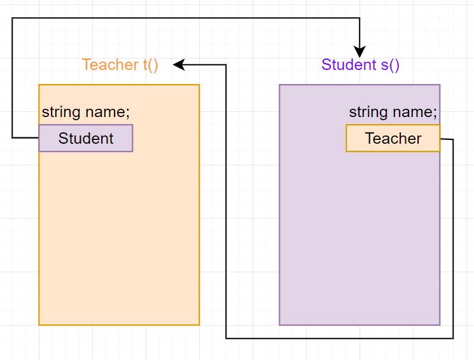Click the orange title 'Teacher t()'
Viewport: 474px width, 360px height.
tap(120, 65)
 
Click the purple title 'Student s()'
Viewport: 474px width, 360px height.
tap(360, 65)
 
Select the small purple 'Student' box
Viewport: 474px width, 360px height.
tap(86, 138)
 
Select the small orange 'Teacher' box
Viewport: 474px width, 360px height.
tap(393, 138)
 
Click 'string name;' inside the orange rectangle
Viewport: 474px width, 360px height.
tap(86, 113)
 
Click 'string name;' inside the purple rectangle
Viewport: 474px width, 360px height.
tap(393, 113)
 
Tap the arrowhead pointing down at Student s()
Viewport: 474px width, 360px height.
tap(360, 52)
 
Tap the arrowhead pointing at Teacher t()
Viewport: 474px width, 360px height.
tap(179, 64)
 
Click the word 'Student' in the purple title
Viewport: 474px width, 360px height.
tap(349, 65)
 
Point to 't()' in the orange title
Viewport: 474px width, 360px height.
tap(150, 65)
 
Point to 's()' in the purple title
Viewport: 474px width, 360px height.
tap(389, 65)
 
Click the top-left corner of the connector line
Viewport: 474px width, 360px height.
tap(12, 18)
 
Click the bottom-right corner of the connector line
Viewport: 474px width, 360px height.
tap(453, 338)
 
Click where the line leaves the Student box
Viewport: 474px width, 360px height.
tap(39, 137)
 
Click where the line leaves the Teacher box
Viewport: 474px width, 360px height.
tap(440, 139)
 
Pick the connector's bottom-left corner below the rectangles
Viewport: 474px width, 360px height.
tap(227, 338)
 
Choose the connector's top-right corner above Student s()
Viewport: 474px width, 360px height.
tap(360, 18)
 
